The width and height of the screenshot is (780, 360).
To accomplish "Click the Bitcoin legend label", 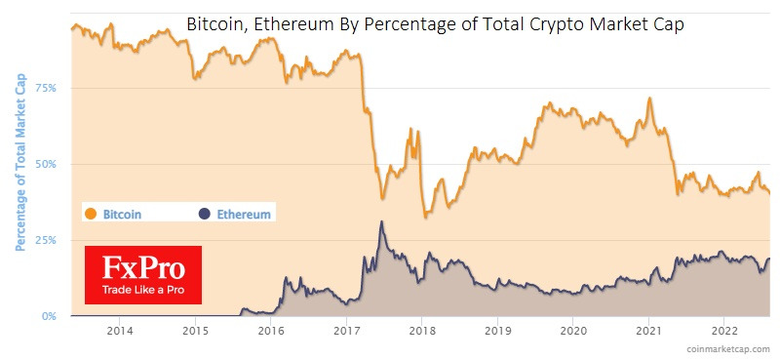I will pyautogui.click(x=123, y=213).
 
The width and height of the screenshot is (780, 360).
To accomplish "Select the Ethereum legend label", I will pyautogui.click(x=244, y=213).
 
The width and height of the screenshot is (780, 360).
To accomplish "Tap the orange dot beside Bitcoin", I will pyautogui.click(x=91, y=213).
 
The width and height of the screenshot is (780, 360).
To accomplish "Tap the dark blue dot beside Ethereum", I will pyautogui.click(x=204, y=213).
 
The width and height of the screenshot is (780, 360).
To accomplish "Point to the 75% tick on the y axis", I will pyautogui.click(x=47, y=88).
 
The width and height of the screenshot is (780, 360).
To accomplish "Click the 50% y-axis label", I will pyautogui.click(x=47, y=164).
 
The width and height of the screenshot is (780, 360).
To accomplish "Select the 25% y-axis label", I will pyautogui.click(x=47, y=240).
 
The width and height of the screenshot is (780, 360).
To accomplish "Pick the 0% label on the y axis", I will pyautogui.click(x=50, y=316).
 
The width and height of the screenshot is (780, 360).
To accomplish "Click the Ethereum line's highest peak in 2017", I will pyautogui.click(x=381, y=221).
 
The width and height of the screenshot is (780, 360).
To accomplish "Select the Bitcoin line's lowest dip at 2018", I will pyautogui.click(x=425, y=216).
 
